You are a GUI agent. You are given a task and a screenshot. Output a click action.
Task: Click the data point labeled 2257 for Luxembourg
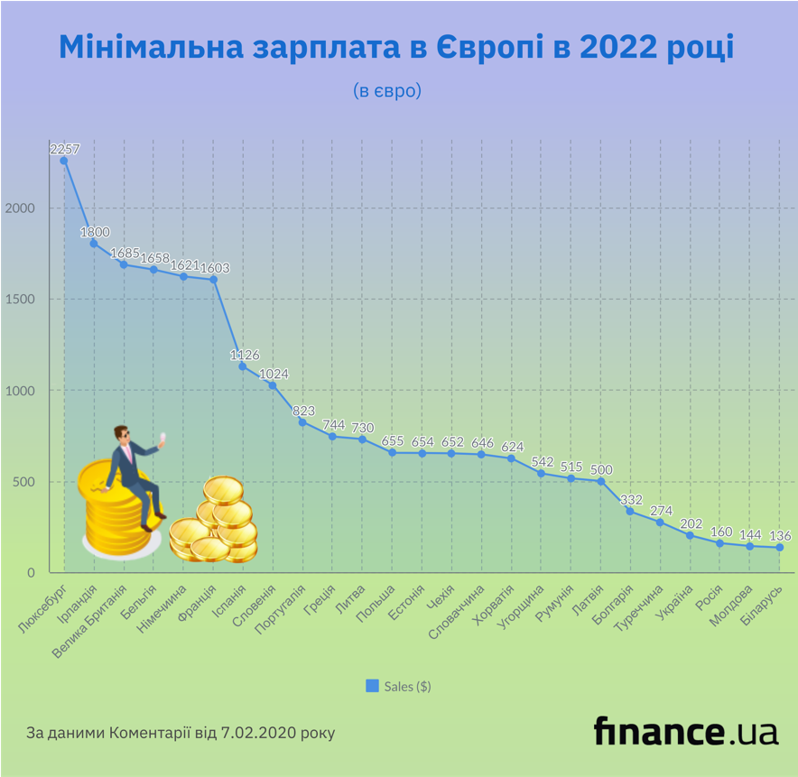(64, 161)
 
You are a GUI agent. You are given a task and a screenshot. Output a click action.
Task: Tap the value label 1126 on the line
(241, 354)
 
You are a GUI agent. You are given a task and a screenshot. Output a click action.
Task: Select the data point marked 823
(302, 422)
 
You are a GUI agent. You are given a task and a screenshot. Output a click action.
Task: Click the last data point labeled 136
(779, 548)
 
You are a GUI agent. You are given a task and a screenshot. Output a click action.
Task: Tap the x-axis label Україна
(675, 603)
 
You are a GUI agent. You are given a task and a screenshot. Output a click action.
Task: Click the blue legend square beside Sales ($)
(372, 686)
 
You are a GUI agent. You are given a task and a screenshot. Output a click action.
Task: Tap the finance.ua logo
(685, 730)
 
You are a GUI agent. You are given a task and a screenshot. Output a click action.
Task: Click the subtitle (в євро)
(387, 91)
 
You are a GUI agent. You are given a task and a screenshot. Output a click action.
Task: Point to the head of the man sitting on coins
(122, 438)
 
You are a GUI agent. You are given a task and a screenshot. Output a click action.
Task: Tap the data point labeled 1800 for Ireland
(94, 244)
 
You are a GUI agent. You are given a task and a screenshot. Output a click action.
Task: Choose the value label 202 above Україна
(691, 522)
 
